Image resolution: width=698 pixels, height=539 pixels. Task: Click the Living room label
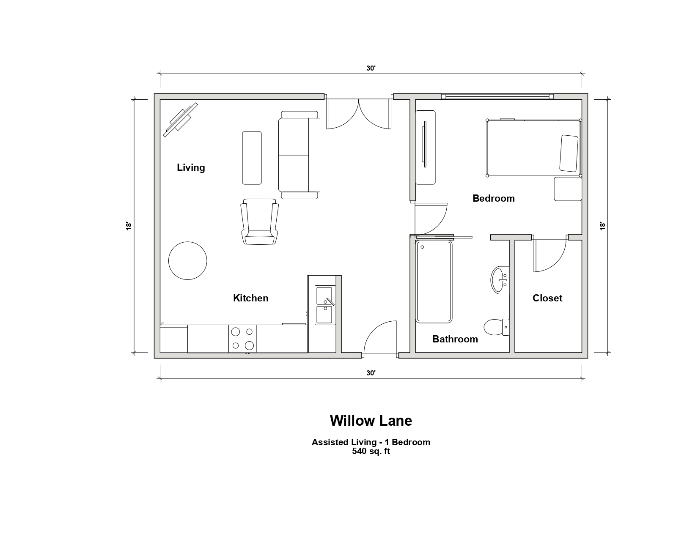tap(191, 167)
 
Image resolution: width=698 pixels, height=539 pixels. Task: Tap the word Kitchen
tap(250, 298)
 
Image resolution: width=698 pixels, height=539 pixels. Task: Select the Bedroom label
tap(493, 198)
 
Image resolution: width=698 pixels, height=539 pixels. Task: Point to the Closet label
tap(547, 298)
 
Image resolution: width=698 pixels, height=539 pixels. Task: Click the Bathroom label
tap(455, 339)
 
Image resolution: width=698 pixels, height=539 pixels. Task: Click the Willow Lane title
tap(371, 421)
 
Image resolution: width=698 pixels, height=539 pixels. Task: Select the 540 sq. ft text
tap(371, 451)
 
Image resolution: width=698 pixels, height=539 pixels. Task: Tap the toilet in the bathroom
tap(497, 327)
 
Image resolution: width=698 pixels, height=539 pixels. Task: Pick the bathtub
tap(434, 282)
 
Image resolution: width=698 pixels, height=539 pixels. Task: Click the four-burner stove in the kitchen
tap(242, 339)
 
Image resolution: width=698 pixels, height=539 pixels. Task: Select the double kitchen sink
tap(325, 305)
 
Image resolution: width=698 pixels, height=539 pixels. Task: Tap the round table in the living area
tap(187, 261)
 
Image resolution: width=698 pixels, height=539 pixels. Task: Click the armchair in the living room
tap(260, 222)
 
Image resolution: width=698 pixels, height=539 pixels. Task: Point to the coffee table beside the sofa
tap(252, 158)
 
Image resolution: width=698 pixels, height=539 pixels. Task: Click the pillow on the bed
tap(569, 153)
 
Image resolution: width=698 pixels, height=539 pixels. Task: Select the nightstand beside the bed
tap(568, 189)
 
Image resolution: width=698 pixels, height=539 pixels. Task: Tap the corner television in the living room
tap(181, 120)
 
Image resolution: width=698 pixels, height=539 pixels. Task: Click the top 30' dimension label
tap(371, 68)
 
